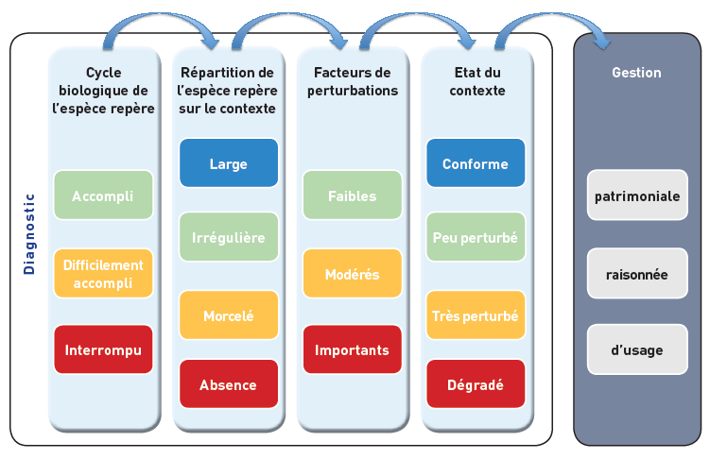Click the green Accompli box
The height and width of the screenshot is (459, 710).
click(x=103, y=195)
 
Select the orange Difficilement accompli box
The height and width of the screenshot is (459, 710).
click(x=103, y=273)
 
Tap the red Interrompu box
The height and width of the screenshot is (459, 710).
click(x=103, y=349)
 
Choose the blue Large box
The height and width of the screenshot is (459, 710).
click(x=229, y=162)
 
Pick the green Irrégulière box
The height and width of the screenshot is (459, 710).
click(x=229, y=236)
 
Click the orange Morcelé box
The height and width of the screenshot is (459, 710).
click(x=229, y=314)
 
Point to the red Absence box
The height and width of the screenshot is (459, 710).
click(x=229, y=384)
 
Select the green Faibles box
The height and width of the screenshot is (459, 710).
click(x=353, y=195)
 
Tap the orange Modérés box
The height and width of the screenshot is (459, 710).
click(x=353, y=273)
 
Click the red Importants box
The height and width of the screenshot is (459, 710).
click(x=353, y=349)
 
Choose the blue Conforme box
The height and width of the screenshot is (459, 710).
click(x=476, y=162)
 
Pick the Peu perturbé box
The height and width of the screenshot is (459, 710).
click(x=476, y=236)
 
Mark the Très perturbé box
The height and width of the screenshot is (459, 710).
click(x=476, y=314)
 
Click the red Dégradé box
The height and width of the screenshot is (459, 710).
click(x=476, y=384)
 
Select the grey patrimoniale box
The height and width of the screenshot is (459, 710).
click(x=637, y=195)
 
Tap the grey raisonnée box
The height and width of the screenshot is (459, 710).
click(x=637, y=273)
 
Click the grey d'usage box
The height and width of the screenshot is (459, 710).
click(x=637, y=349)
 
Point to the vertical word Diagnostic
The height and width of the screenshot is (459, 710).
click(x=29, y=234)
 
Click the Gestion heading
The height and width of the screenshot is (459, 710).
click(x=636, y=73)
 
